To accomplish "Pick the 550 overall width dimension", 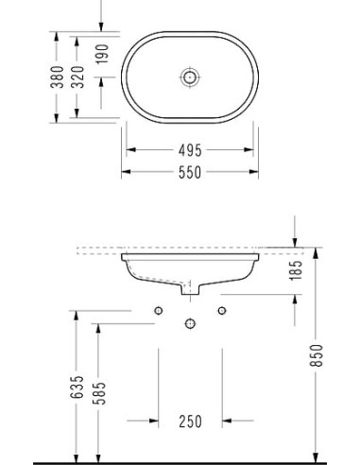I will click(x=190, y=172).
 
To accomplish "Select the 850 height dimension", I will click(x=317, y=355).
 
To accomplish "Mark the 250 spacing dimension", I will click(x=190, y=421).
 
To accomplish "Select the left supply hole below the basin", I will click(x=159, y=311).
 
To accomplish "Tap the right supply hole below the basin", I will click(x=222, y=311).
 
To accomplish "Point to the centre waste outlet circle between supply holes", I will click(x=190, y=324).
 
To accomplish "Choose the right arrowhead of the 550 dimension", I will click(x=254, y=172).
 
